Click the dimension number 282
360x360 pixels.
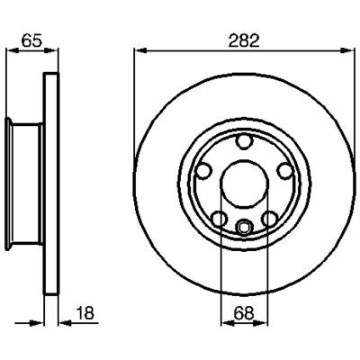tap(244, 41)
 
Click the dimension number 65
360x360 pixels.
tap(31, 40)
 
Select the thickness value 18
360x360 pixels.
tap(85, 313)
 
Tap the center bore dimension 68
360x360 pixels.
tap(244, 313)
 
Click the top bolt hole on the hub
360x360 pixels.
tap(243, 141)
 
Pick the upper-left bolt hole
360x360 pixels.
tap(203, 171)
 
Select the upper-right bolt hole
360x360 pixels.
tap(284, 171)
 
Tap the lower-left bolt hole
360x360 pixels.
tap(219, 219)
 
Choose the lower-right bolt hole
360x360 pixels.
tap(269, 219)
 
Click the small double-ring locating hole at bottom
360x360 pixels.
tap(244, 227)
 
